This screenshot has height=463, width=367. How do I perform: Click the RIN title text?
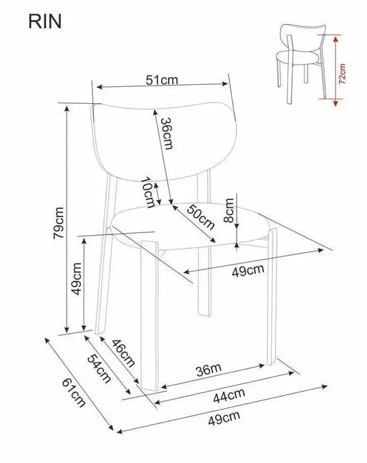click(x=45, y=22)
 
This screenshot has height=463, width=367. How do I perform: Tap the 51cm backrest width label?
click(x=162, y=80)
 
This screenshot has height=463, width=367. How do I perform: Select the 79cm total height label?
click(x=59, y=223)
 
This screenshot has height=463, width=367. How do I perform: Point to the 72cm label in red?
click(x=342, y=74)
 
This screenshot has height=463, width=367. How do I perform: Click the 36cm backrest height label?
click(x=167, y=133)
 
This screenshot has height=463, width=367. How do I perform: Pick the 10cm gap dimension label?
click(x=148, y=192)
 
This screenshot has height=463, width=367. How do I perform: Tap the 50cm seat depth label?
click(x=201, y=217)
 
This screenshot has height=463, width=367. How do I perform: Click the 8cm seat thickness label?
click(x=229, y=210)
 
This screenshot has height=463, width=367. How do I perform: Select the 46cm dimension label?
click(x=123, y=353)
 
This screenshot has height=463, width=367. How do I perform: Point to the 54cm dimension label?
click(x=99, y=368)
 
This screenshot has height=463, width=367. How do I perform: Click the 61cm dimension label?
click(x=74, y=392)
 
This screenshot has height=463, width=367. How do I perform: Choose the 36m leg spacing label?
click(x=209, y=370)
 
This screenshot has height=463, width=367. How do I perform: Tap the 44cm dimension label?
click(x=229, y=396)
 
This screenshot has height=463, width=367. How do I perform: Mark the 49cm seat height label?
click(x=76, y=278)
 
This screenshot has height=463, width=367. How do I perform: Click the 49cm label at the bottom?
click(x=224, y=418)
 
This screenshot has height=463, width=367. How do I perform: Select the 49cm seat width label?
click(x=248, y=270)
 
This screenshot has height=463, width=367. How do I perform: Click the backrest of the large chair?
click(x=164, y=141)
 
